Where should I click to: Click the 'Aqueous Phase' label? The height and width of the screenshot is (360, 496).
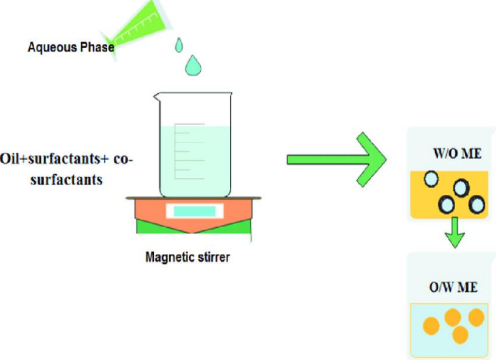pos(71,47)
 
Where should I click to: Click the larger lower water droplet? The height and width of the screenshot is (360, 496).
pos(194,64)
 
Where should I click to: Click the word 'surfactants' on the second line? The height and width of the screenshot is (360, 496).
pos(67,180)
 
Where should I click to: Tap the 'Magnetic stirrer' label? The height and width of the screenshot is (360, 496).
pos(187,256)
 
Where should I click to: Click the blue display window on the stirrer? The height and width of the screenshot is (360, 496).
pos(194,211)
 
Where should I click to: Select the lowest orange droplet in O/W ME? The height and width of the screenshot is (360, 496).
pos(460,334)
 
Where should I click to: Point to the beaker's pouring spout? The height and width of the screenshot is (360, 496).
pos(157,96)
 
